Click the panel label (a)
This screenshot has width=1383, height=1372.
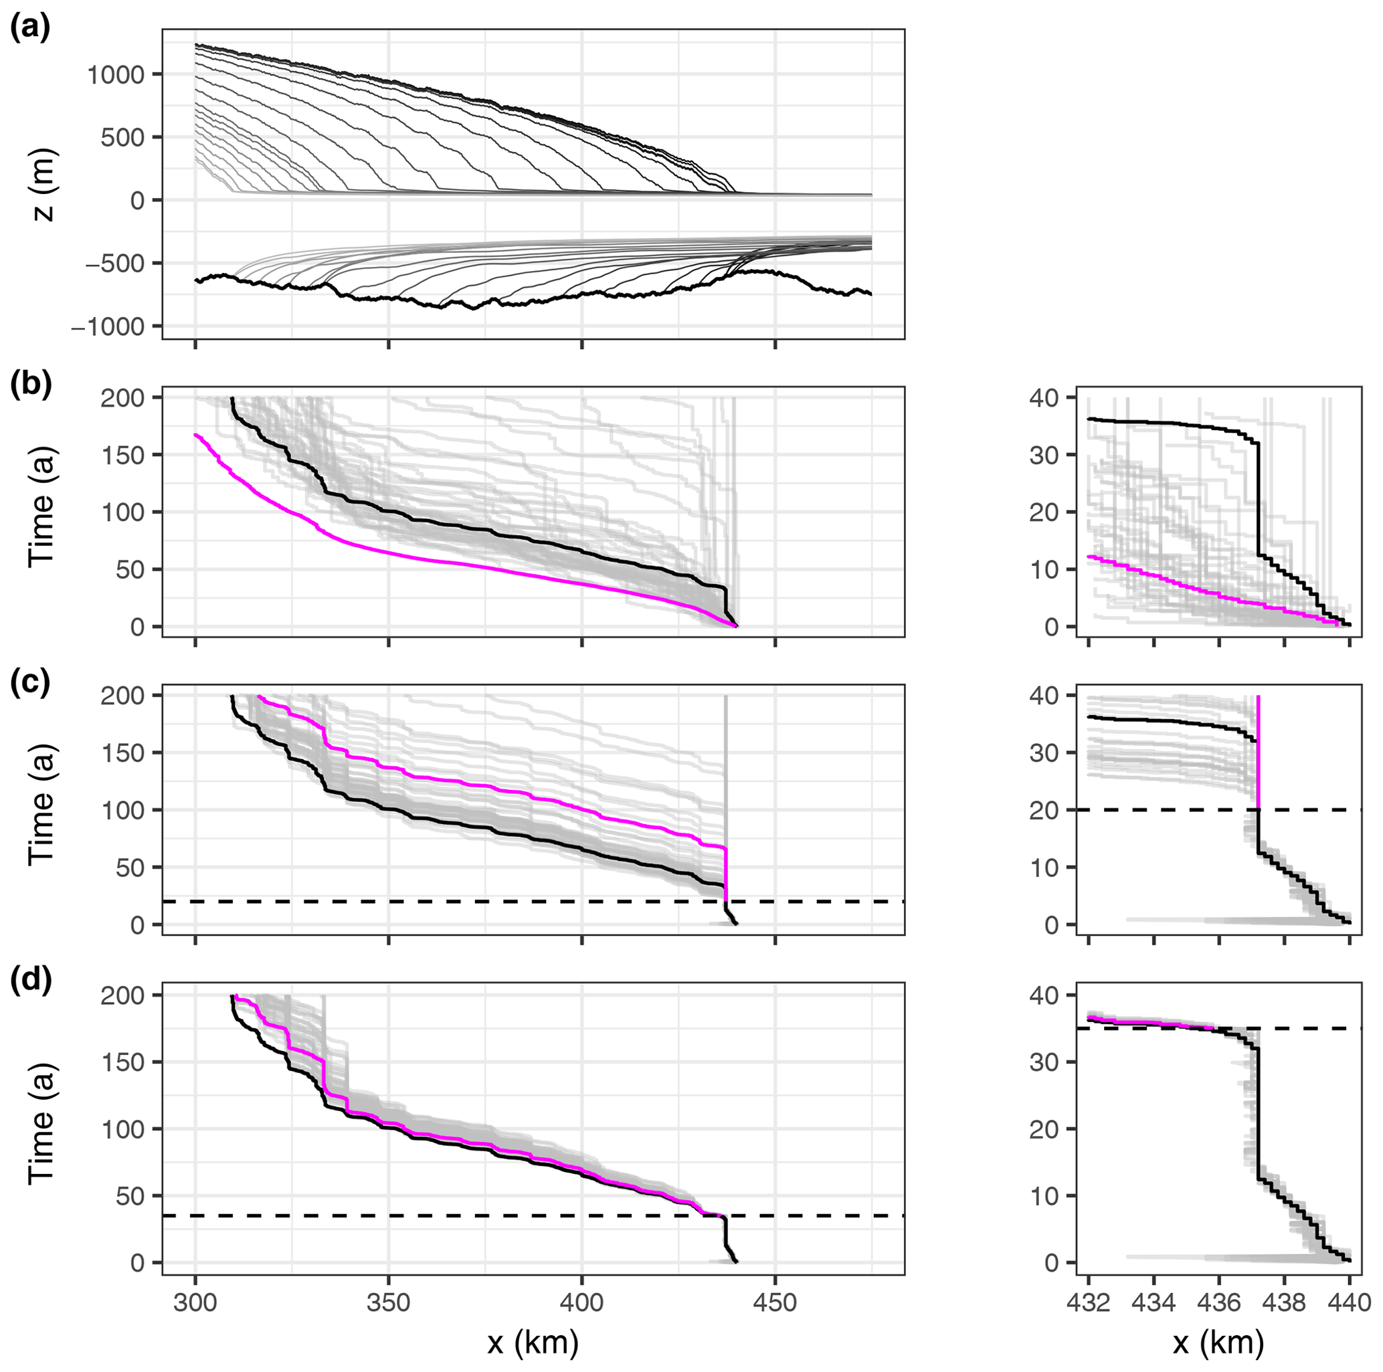click(x=29, y=29)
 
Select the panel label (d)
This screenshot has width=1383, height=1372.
click(x=29, y=980)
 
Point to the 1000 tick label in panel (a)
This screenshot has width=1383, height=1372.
click(x=116, y=74)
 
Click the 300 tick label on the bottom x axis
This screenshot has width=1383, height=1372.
click(x=195, y=1302)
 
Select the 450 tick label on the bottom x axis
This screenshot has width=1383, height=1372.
click(x=775, y=1302)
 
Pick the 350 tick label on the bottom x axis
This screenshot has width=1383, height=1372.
click(x=389, y=1302)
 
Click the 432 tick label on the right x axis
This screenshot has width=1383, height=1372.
click(x=1088, y=1302)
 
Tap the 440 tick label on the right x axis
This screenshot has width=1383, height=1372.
click(x=1350, y=1302)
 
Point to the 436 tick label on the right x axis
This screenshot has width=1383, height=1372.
click(x=1219, y=1302)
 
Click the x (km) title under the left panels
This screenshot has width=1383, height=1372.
click(x=533, y=1343)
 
